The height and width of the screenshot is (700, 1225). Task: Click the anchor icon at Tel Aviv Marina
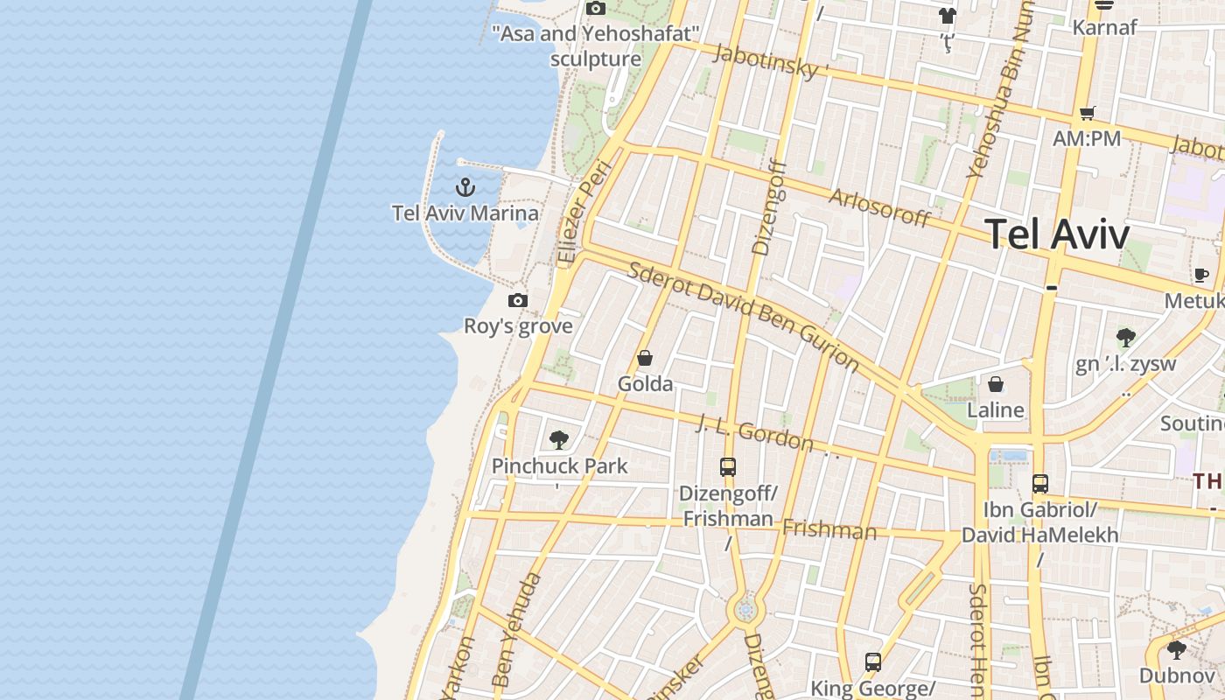(465, 186)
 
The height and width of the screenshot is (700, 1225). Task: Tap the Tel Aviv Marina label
(465, 213)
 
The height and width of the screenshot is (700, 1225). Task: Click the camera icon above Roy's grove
(518, 301)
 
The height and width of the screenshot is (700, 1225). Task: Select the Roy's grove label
(518, 326)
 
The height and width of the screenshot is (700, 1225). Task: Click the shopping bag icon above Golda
(645, 358)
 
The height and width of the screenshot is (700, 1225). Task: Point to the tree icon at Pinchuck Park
(559, 440)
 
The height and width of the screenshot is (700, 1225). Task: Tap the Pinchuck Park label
(559, 465)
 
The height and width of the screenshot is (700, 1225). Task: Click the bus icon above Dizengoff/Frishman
(728, 467)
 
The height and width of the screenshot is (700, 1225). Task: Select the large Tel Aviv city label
(1057, 234)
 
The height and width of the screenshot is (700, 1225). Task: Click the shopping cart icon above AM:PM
(1087, 113)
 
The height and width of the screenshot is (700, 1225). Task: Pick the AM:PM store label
(1087, 138)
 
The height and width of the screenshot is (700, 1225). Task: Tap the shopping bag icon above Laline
(995, 384)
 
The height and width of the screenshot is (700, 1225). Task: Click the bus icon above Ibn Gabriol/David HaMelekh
(1039, 484)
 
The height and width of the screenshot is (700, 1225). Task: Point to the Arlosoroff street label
(878, 207)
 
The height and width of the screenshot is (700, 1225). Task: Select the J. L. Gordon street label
(754, 433)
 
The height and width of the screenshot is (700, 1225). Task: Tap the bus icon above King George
(872, 662)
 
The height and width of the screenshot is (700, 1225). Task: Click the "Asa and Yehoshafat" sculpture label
(596, 46)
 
